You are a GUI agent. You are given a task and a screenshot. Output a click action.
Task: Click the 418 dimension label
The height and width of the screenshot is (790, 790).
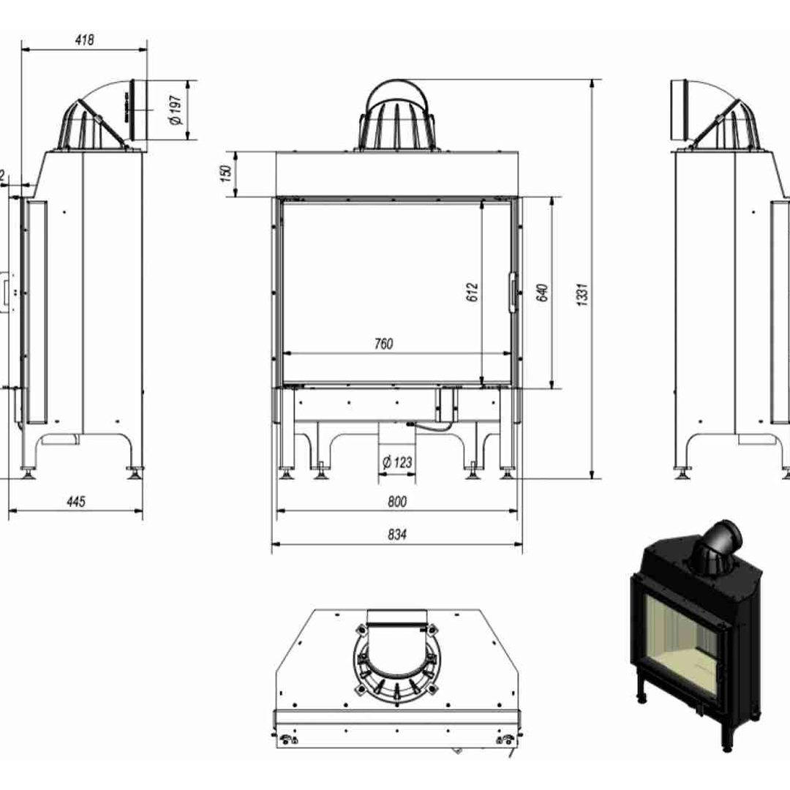[x=85, y=40]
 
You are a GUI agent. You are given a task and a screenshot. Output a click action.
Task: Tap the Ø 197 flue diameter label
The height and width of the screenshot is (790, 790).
[x=176, y=110]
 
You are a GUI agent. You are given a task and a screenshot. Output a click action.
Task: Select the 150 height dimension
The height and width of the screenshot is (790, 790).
[x=226, y=173]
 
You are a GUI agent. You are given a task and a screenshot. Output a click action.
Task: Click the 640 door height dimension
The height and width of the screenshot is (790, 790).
[x=542, y=293]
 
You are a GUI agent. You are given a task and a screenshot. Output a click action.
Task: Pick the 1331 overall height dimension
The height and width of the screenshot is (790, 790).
[x=582, y=293]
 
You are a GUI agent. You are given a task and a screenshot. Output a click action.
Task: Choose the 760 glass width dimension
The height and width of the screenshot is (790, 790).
[x=383, y=344]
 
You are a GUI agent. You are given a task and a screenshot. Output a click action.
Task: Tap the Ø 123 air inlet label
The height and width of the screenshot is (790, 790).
[x=396, y=462]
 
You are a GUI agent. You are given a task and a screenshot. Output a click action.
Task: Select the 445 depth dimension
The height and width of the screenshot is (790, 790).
[x=76, y=502]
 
